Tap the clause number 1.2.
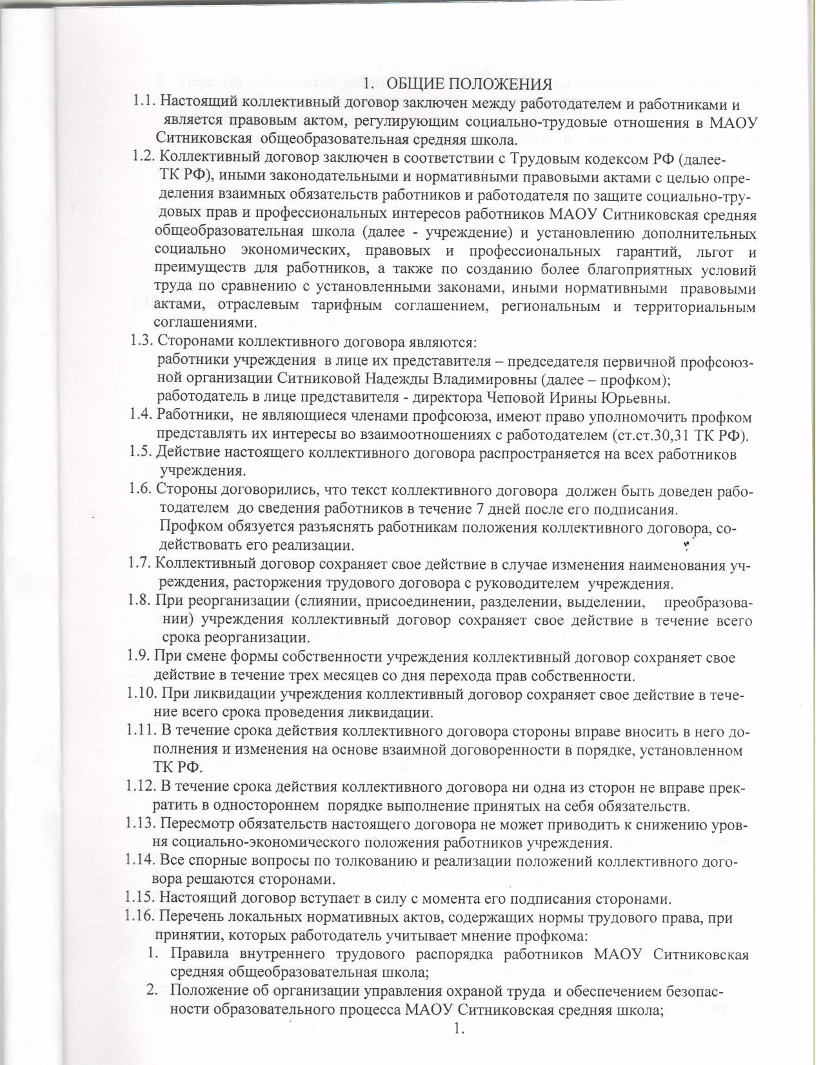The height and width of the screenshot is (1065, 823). click(x=143, y=156)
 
